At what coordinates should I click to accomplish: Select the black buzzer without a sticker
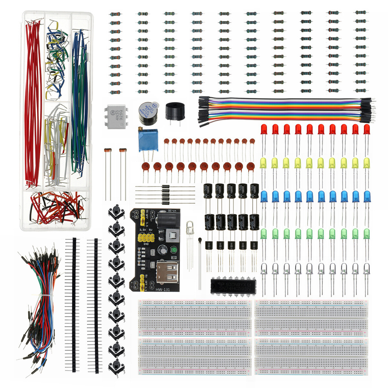[175, 111]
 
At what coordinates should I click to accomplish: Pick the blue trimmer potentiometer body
[148, 141]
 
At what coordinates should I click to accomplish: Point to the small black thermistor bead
[201, 240]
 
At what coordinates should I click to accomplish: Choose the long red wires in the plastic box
[34, 103]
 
